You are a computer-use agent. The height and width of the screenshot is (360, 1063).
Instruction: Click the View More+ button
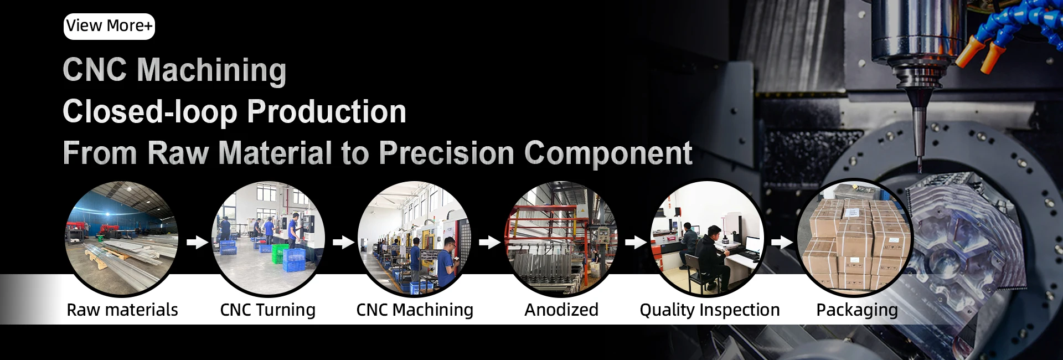pyautogui.click(x=109, y=26)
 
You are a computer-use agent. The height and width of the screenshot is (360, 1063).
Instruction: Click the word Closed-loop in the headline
pyautogui.click(x=150, y=112)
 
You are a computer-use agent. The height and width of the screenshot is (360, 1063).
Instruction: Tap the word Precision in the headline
pyautogui.click(x=447, y=153)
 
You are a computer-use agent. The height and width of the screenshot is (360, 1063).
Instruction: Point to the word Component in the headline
pyautogui.click(x=608, y=153)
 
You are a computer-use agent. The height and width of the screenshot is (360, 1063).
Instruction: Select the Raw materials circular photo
pyautogui.click(x=122, y=238)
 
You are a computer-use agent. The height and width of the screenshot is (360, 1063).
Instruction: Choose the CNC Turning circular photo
pyautogui.click(x=268, y=238)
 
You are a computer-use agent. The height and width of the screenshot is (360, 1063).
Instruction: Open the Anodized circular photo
pyautogui.click(x=561, y=238)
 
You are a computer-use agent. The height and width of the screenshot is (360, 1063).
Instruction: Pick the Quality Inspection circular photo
pyautogui.click(x=707, y=238)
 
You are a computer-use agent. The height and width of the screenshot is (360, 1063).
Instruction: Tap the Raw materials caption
pyautogui.click(x=122, y=310)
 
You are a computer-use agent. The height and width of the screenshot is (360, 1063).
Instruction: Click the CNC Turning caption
pyautogui.click(x=268, y=310)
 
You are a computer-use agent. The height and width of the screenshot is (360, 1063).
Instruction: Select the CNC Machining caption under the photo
pyautogui.click(x=415, y=310)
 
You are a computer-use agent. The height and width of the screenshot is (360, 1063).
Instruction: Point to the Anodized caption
pyautogui.click(x=561, y=310)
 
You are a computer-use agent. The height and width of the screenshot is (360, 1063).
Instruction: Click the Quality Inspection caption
pyautogui.click(x=710, y=310)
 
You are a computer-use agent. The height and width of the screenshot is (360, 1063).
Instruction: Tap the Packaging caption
pyautogui.click(x=857, y=310)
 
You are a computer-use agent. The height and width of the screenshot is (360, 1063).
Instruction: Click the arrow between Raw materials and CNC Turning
pyautogui.click(x=197, y=242)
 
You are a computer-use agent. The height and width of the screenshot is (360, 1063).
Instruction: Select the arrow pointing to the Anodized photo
pyautogui.click(x=489, y=242)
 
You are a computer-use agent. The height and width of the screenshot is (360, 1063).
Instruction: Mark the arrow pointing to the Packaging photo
pyautogui.click(x=782, y=242)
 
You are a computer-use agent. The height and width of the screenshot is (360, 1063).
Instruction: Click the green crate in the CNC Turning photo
pyautogui.click(x=279, y=253)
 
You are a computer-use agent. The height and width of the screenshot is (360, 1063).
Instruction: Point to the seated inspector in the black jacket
pyautogui.click(x=714, y=257)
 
